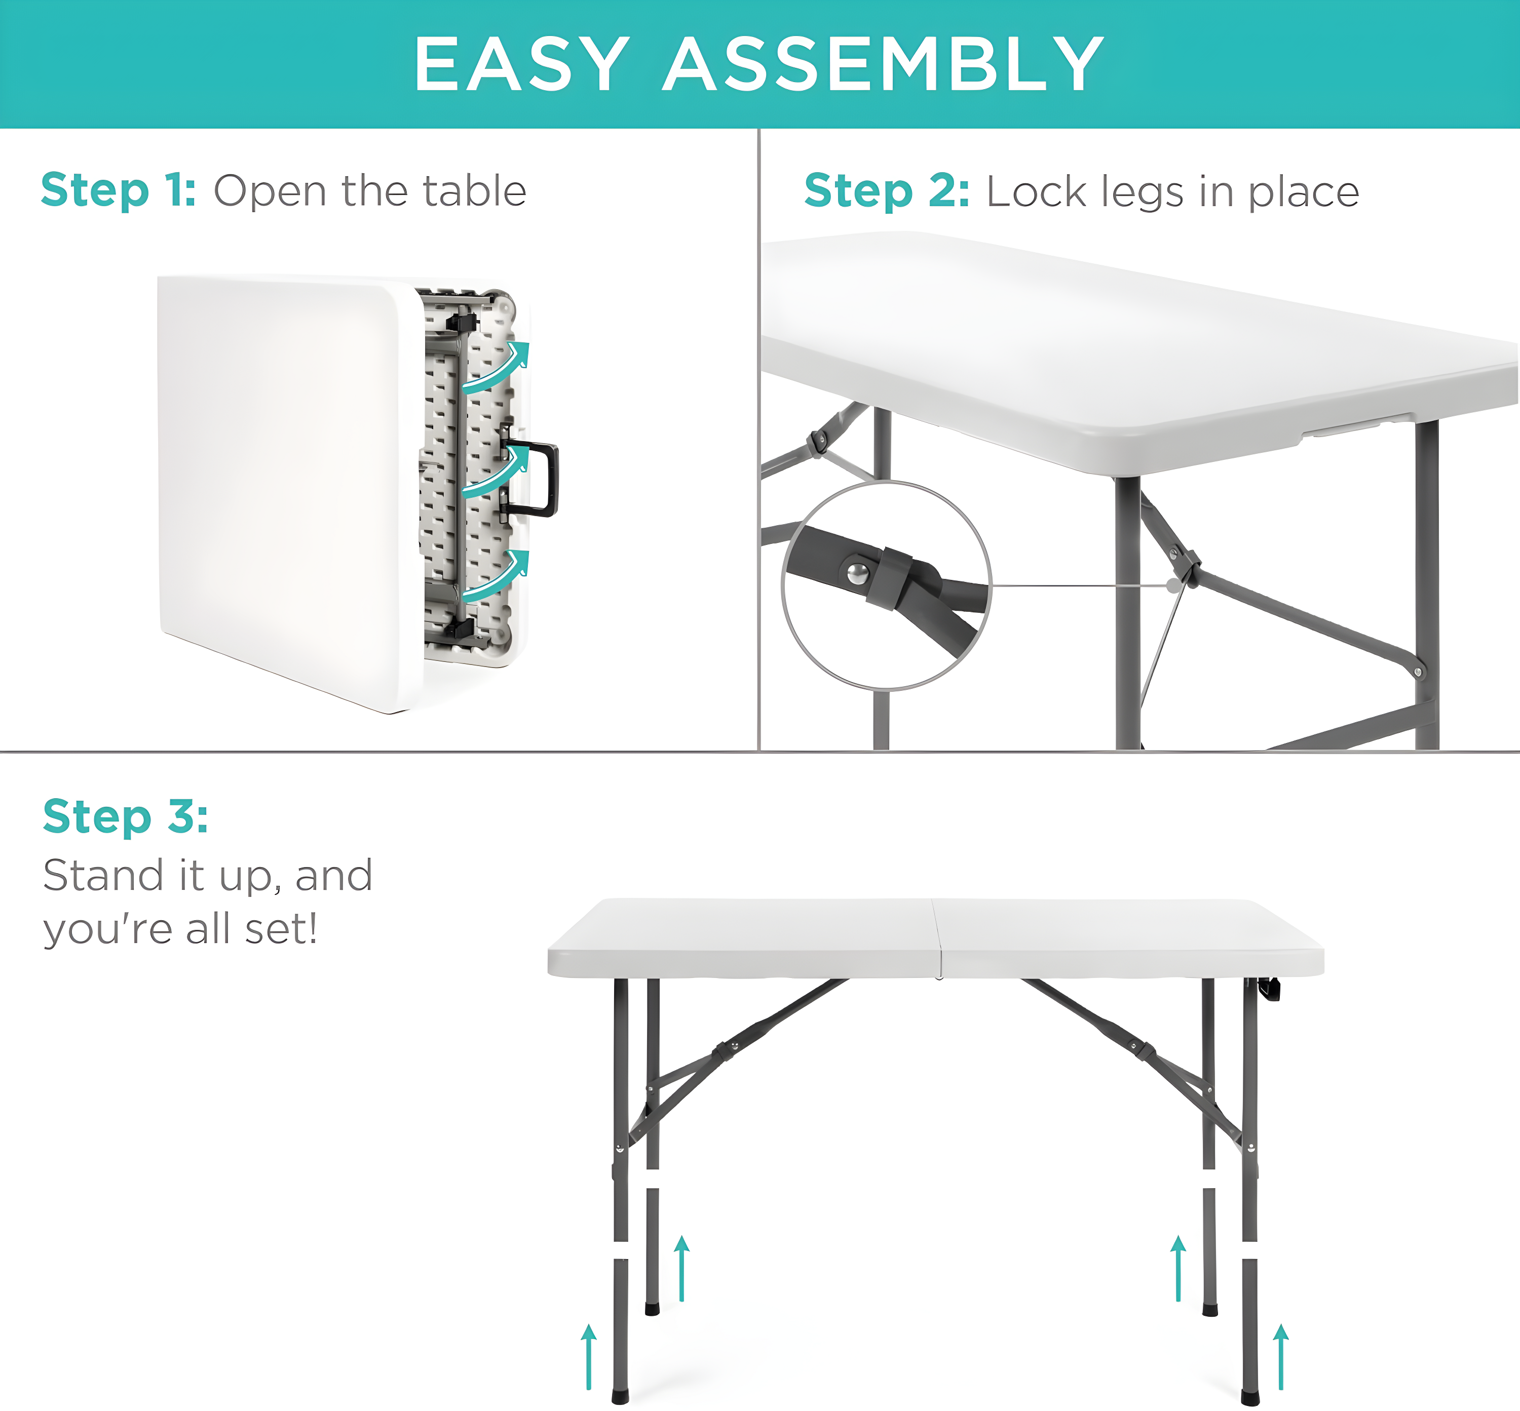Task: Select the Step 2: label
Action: pyautogui.click(x=887, y=191)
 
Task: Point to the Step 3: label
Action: pyautogui.click(x=125, y=816)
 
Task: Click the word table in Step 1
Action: pyautogui.click(x=474, y=191)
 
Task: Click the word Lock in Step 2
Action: pyautogui.click(x=1036, y=191)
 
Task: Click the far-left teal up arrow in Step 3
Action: pyautogui.click(x=588, y=1357)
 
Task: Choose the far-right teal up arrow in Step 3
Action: pyautogui.click(x=1281, y=1357)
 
